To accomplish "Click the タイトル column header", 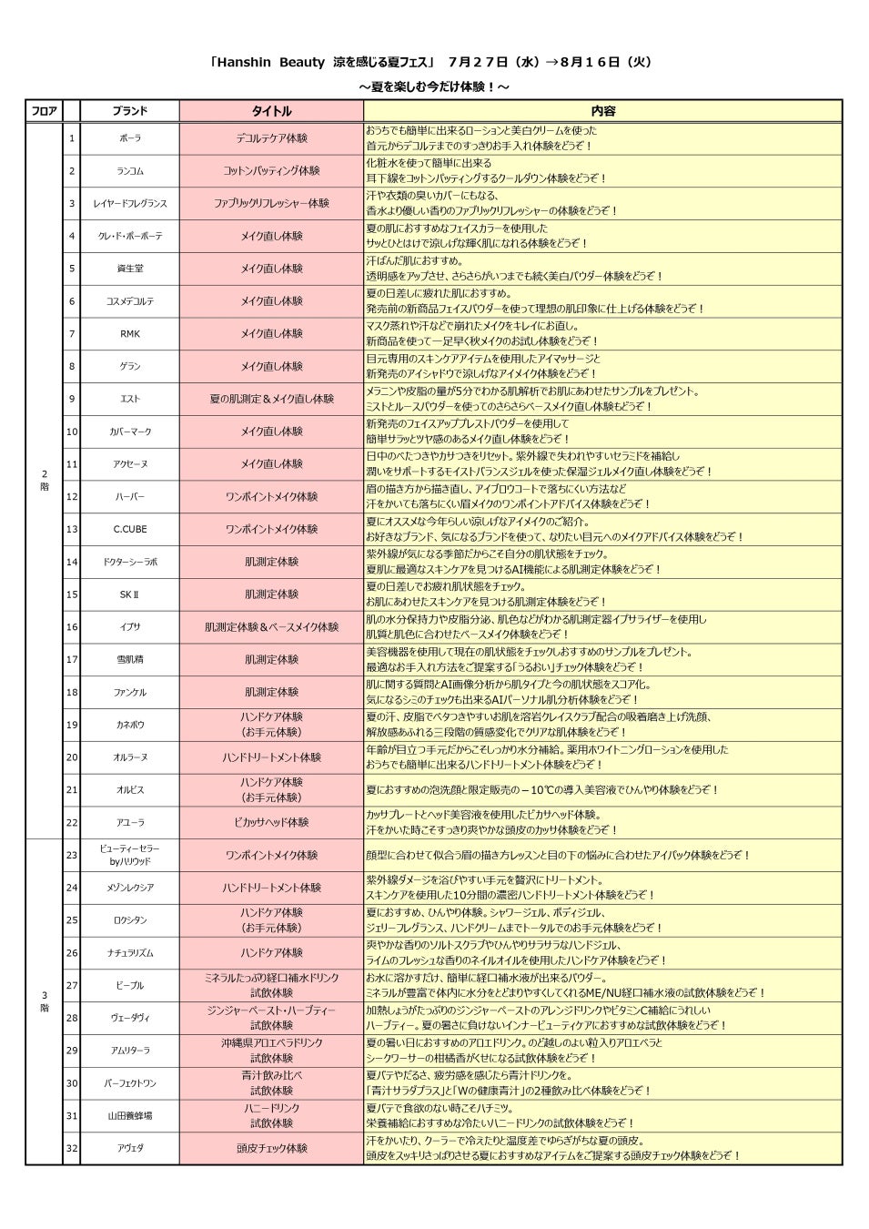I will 271,111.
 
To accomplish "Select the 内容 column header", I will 602,111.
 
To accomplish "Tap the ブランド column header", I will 130,111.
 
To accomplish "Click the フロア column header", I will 44,111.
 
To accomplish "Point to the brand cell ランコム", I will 130,171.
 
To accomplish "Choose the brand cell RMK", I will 130,334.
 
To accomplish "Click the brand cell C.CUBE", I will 130,529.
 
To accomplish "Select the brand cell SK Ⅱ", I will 130,594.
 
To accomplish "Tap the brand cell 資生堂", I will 130,269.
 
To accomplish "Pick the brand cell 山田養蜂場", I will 130,1115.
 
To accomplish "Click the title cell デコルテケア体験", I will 271,138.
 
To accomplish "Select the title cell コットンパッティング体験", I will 271,171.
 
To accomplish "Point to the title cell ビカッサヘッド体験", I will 271,822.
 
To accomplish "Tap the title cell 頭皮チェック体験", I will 271,1148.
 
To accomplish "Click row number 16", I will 72,627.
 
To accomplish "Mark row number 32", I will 72,1148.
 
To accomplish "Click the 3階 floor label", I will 44,1001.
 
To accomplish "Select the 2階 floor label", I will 44,480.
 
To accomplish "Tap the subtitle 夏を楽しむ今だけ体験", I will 434,86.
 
